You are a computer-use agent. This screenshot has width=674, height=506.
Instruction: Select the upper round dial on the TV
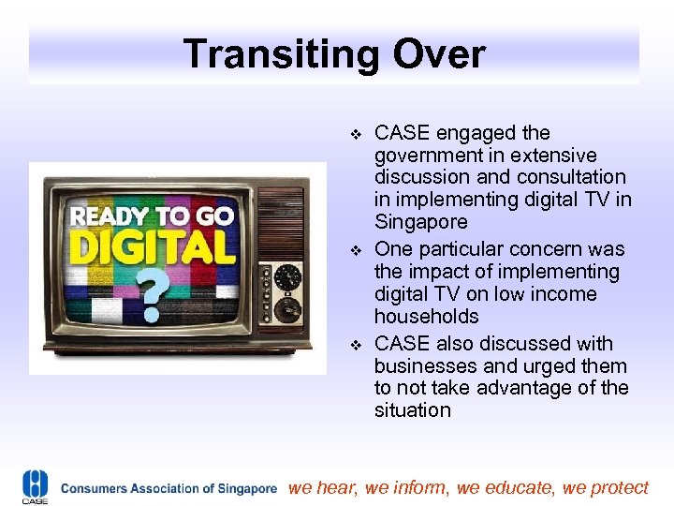[287, 276]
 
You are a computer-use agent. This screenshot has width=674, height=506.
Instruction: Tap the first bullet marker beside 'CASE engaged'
[354, 134]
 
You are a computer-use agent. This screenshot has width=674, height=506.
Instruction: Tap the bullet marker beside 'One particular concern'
[354, 250]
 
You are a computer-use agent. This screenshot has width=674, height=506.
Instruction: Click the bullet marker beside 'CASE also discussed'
[354, 344]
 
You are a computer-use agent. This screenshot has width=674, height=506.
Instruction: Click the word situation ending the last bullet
[412, 410]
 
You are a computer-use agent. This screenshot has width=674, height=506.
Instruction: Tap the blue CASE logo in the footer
[35, 485]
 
